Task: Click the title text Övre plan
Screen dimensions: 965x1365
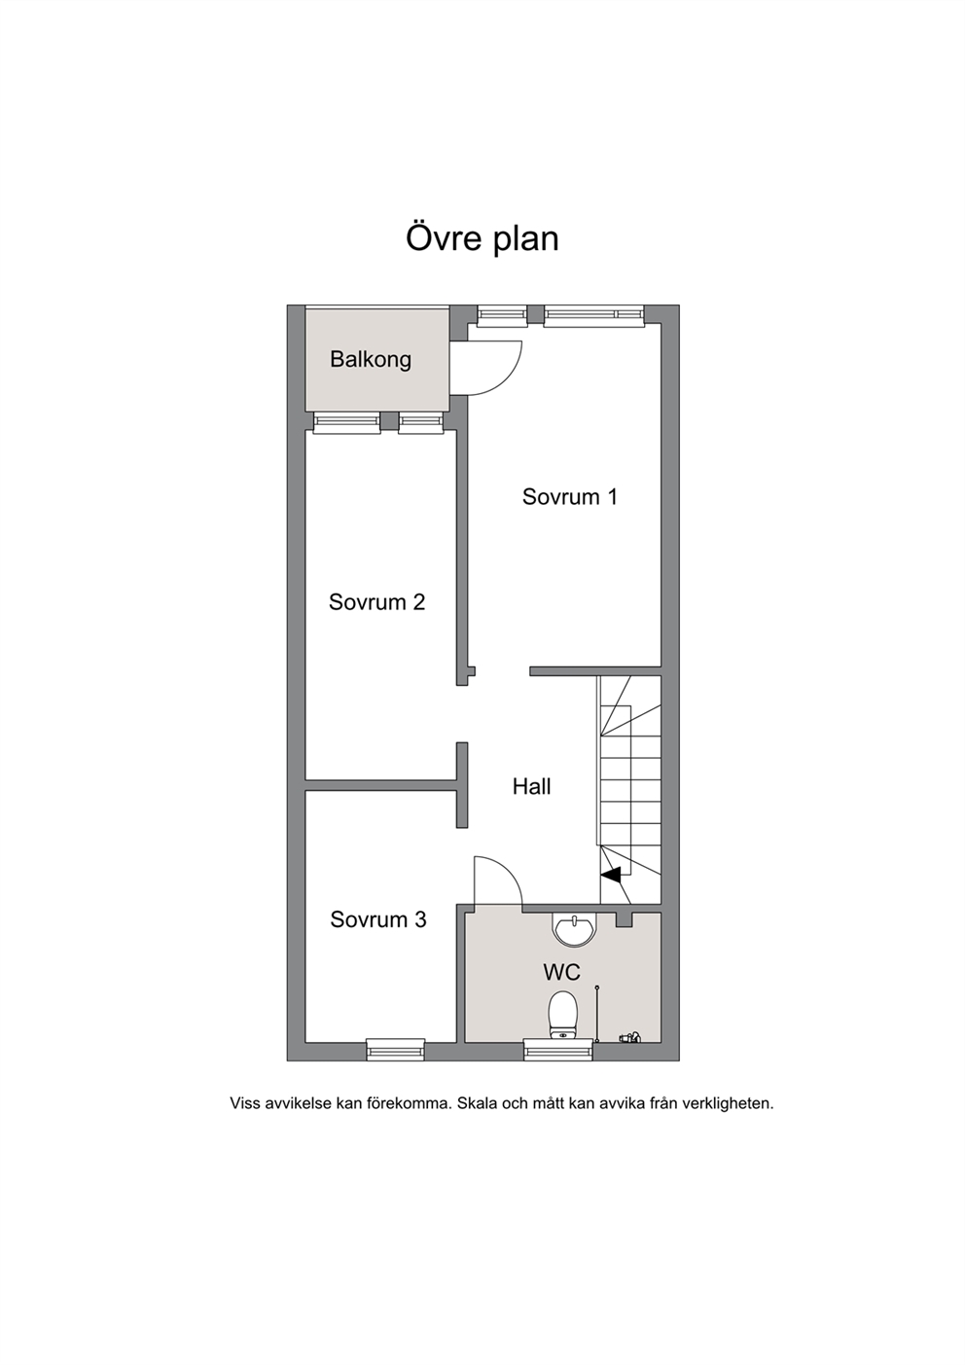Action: [x=482, y=238]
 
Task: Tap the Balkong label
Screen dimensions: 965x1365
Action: [x=371, y=360]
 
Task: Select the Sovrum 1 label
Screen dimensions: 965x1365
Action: [x=570, y=496]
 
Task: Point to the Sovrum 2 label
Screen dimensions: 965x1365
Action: [x=376, y=602]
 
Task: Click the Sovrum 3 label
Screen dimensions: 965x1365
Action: [x=377, y=919]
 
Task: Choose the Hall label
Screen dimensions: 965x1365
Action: [x=531, y=787]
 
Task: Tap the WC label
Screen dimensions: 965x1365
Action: [x=561, y=972]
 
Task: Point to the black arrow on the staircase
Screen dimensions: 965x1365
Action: [x=611, y=875]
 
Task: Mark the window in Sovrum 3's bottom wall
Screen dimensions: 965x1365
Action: [x=395, y=1050]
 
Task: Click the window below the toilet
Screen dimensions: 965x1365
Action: [x=558, y=1050]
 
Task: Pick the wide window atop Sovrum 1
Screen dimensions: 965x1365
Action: [x=593, y=315]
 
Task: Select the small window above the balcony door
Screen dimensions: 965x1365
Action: [x=502, y=314]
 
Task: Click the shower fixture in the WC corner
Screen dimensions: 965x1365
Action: [x=630, y=1036]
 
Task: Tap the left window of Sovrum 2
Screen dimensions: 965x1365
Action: [x=346, y=423]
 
